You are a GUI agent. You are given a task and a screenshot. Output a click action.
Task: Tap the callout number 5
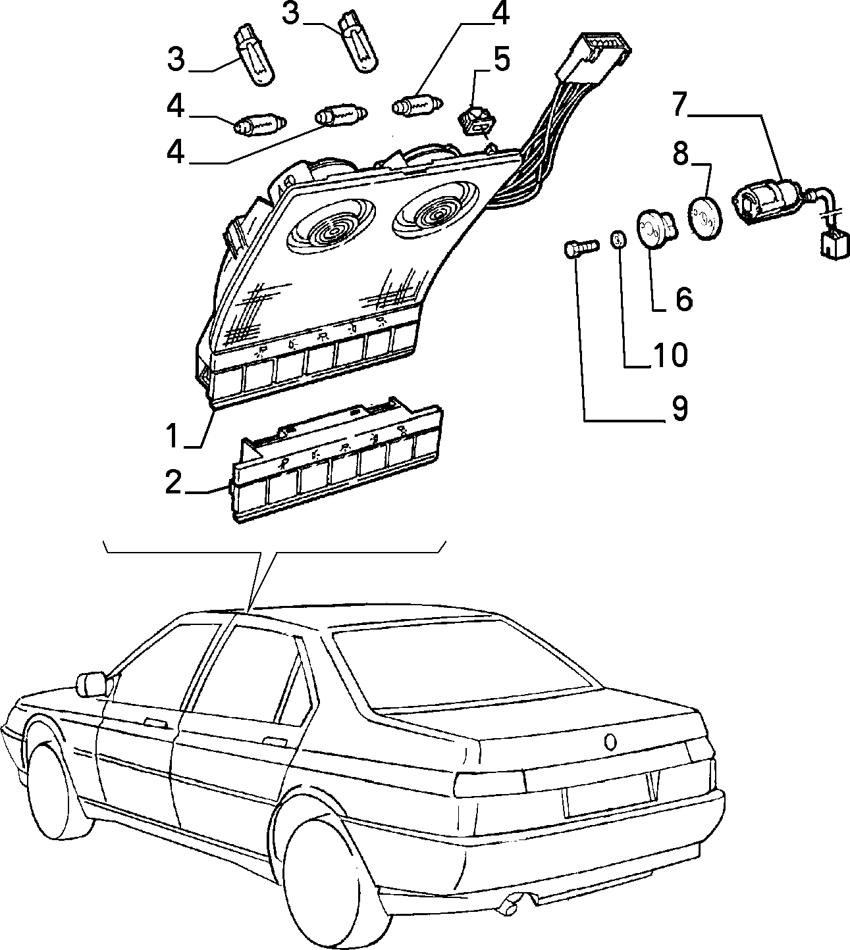(501, 60)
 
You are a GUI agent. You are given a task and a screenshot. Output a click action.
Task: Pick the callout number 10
(671, 355)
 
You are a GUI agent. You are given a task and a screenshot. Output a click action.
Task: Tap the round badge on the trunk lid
(610, 742)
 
